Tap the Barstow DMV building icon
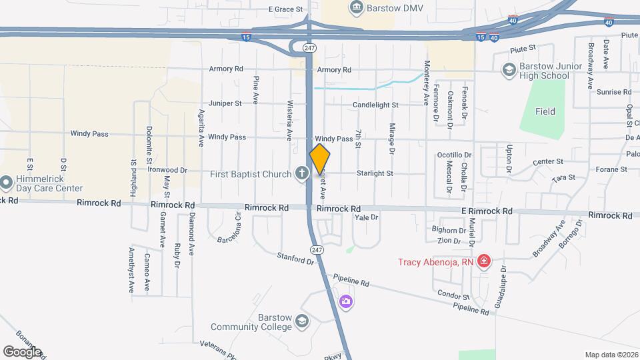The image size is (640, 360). tap(357, 7)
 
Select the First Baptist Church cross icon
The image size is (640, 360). tap(301, 174)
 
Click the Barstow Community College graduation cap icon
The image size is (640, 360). tap(302, 322)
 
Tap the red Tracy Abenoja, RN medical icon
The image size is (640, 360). tap(484, 261)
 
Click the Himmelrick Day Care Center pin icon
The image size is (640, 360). tap(7, 182)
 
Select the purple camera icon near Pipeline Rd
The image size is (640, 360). tap(345, 302)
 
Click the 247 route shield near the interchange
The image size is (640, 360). tap(309, 48)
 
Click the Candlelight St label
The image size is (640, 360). tap(375, 105)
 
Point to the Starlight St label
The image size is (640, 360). tap(375, 173)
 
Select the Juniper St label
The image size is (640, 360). tap(225, 103)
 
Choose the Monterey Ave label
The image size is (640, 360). tap(427, 82)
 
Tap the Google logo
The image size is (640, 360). tap(22, 352)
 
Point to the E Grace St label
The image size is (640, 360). tap(285, 10)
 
